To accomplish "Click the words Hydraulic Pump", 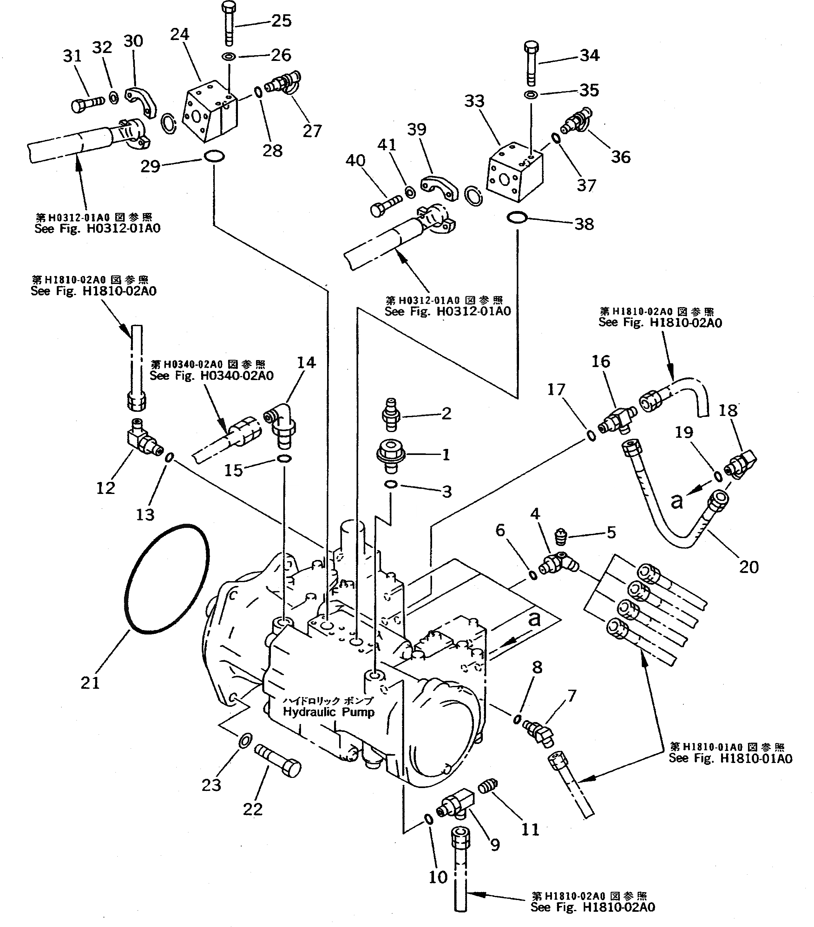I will (328, 712).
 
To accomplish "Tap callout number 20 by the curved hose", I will (748, 567).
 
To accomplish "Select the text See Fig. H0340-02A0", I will (211, 376).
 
